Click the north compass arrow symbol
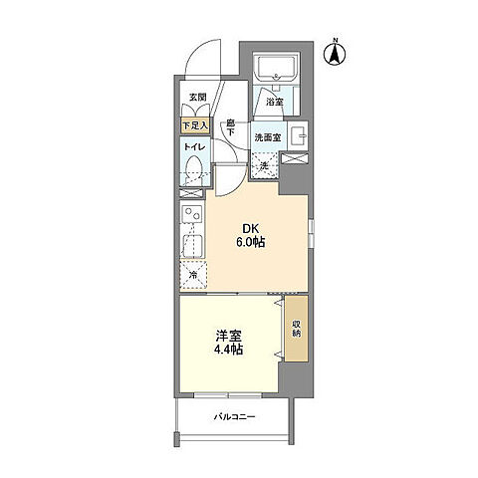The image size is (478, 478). pos(337,51)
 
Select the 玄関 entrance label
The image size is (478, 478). pos(198,98)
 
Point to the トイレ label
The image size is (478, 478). pos(193,148)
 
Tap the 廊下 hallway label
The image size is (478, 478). pos(229,127)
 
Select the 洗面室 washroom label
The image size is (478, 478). pos(266,136)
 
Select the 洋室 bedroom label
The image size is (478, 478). pos(229,337)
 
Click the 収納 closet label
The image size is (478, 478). pos(297,328)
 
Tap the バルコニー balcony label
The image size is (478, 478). pos(235,417)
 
